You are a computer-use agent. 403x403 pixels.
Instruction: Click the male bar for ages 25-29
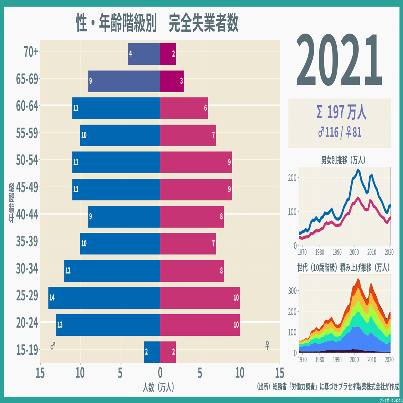(x=104, y=298)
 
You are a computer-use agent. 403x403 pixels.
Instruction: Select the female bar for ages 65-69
(x=172, y=81)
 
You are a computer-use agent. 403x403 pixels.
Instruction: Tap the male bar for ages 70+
(x=144, y=54)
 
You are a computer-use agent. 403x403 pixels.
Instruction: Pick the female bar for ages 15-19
(x=168, y=352)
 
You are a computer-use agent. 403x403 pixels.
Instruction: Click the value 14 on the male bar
(x=52, y=298)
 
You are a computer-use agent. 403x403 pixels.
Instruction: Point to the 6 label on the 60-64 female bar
(x=205, y=108)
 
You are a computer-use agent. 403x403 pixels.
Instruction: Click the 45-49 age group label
(x=27, y=187)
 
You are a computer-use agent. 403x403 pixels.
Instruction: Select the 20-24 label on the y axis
(x=27, y=323)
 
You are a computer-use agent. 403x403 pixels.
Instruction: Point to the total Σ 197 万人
(x=340, y=112)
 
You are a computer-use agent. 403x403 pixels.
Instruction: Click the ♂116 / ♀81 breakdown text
(x=340, y=132)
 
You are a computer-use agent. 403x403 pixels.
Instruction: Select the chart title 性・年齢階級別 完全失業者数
(x=157, y=23)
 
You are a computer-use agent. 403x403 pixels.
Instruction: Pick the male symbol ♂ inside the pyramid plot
(x=53, y=346)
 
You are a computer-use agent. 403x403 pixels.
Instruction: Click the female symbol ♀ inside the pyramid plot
(x=267, y=346)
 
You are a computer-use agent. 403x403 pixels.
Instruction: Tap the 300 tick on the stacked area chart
(x=293, y=290)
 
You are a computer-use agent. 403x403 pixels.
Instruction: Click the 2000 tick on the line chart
(x=354, y=252)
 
